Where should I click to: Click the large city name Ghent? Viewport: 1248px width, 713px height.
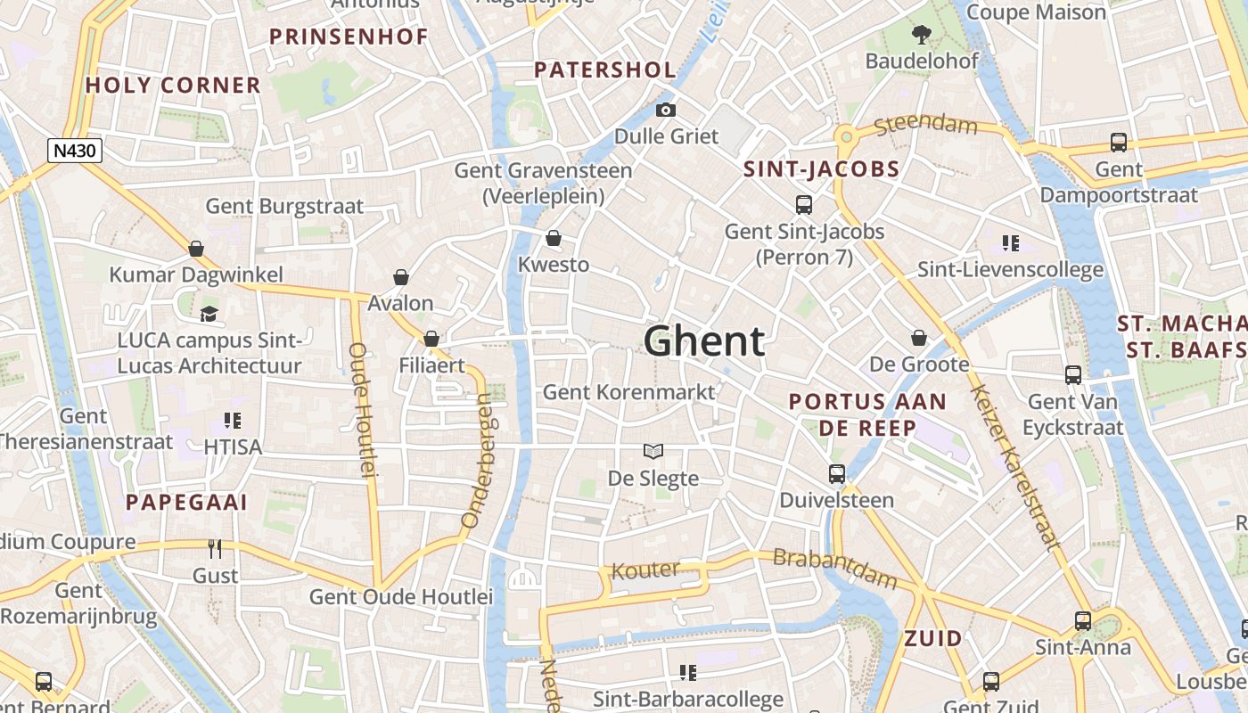pos(703,341)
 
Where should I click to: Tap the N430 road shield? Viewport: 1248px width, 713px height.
pos(75,151)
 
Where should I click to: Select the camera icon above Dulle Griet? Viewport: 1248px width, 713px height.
pos(665,111)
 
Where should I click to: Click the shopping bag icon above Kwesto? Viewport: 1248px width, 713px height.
pos(553,238)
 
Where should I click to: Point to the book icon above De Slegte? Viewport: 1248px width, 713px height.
pos(653,452)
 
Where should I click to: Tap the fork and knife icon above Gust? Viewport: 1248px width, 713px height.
pos(215,548)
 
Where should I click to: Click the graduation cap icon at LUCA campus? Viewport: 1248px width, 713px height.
pos(209,314)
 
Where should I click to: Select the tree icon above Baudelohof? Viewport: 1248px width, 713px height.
pos(921,35)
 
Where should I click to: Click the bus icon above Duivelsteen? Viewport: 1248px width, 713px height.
pos(836,473)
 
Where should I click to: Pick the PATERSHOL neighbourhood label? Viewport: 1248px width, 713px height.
pos(604,70)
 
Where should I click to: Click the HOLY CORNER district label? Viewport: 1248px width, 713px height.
pos(173,86)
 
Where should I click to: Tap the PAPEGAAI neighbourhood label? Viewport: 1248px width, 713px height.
pos(186,502)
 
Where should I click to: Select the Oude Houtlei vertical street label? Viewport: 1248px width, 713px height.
pos(360,410)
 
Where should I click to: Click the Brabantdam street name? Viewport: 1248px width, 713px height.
pos(834,569)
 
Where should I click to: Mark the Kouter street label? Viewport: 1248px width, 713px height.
pos(645,570)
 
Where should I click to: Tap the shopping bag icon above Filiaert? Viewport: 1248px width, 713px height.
pos(431,339)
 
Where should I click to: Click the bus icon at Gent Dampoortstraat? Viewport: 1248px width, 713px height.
pos(1118,142)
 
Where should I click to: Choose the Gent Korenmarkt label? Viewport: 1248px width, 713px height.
pos(628,392)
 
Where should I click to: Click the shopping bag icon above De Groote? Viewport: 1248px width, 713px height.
pos(919,338)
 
